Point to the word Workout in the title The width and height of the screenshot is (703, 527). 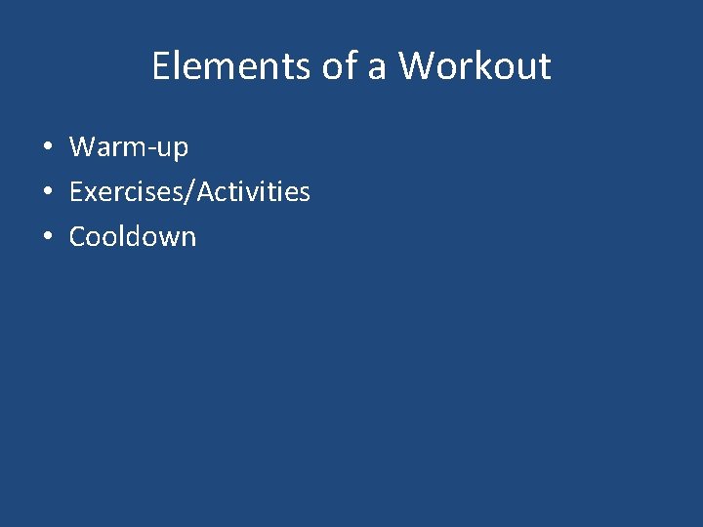(x=475, y=66)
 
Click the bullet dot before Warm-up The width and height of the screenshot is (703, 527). (x=47, y=148)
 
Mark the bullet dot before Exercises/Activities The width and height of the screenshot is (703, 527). (x=47, y=193)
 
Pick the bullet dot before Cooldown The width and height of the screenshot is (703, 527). (x=47, y=237)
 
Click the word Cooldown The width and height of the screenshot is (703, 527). (x=133, y=237)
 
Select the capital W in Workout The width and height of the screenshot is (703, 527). (x=416, y=66)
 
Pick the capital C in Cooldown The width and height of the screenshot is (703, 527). (x=77, y=237)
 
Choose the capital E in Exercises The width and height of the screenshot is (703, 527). (x=76, y=192)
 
